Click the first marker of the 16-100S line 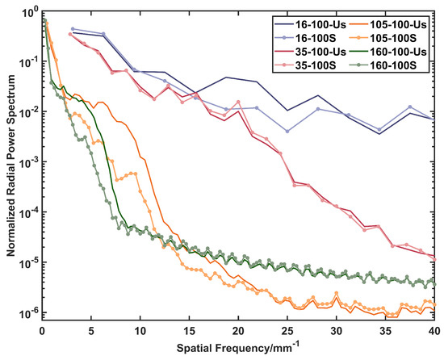(x=73, y=28)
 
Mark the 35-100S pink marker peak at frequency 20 (x=237, y=102)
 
